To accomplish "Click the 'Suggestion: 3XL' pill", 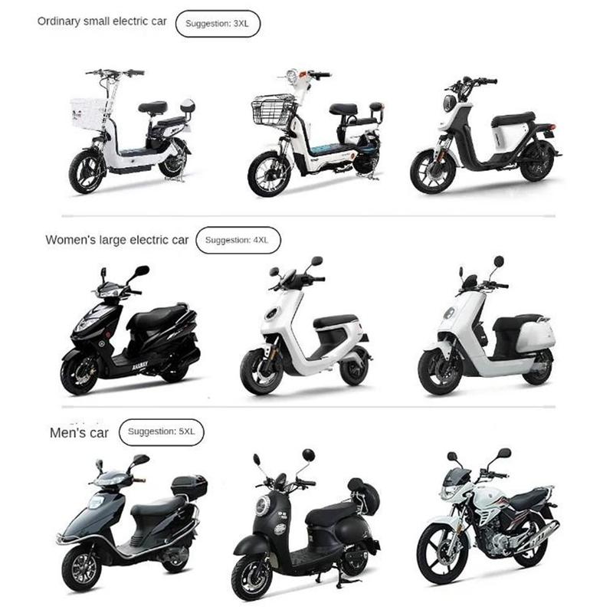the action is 218,24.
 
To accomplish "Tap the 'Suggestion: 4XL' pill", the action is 238,240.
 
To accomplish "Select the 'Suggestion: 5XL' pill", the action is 162,432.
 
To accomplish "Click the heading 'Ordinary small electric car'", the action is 102,21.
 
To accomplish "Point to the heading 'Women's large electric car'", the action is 117,240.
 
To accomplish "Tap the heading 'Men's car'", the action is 79,433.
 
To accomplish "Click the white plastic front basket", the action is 89,113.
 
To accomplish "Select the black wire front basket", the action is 274,110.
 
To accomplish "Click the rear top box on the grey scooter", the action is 189,486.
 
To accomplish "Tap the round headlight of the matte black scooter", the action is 262,506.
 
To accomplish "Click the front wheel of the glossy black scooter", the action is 81,372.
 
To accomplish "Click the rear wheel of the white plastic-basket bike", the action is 174,159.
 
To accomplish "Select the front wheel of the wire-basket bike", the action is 270,175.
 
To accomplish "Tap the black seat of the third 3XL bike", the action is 513,119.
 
